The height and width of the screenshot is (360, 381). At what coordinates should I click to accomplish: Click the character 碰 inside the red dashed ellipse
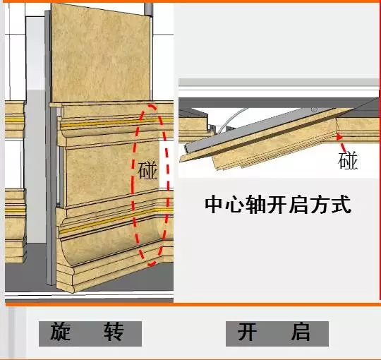coord(147,171)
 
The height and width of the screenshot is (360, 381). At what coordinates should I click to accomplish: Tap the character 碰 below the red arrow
coord(348,160)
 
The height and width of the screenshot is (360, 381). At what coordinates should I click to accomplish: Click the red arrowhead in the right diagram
coord(339,137)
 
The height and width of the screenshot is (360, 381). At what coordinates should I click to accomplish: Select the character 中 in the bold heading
coord(214,205)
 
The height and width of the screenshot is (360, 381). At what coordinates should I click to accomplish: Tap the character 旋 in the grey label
coord(61,331)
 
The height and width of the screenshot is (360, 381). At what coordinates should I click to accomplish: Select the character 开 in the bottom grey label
coord(248,331)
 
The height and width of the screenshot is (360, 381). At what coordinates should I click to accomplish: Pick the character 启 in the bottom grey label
coord(301,331)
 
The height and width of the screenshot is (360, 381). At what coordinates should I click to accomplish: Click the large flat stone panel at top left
coord(101,54)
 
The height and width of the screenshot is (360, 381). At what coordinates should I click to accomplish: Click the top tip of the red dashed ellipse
coord(151,106)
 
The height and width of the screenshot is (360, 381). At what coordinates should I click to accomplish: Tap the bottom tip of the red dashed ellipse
coord(151,265)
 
